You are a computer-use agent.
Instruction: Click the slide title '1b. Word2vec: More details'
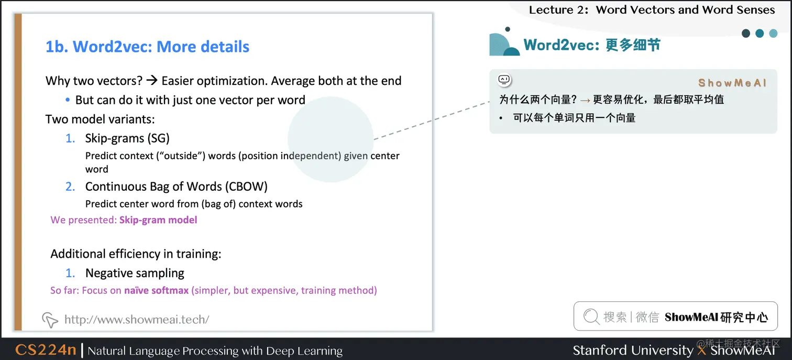(147, 47)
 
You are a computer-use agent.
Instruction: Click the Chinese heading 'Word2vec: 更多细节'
(592, 45)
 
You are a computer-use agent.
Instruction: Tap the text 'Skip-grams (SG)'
(127, 138)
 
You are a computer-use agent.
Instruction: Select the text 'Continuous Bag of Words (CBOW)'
(177, 187)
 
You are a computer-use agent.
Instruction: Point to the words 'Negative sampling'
(135, 273)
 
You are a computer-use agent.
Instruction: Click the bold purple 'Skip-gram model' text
(158, 220)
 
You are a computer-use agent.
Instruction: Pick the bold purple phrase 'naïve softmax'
(156, 290)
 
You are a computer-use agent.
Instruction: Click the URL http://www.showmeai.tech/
(137, 319)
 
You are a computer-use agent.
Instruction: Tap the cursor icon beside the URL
(50, 319)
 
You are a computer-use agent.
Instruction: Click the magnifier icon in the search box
(591, 317)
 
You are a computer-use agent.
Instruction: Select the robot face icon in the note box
(504, 80)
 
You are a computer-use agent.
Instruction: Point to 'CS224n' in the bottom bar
(46, 350)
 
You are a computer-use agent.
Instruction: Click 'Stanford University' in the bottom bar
(632, 350)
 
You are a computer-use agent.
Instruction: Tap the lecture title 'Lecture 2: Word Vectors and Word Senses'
(652, 9)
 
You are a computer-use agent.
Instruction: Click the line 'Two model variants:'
(100, 119)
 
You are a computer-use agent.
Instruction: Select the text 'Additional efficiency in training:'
(136, 254)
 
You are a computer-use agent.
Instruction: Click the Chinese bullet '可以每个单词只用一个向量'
(574, 118)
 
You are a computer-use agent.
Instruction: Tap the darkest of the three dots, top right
(746, 34)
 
